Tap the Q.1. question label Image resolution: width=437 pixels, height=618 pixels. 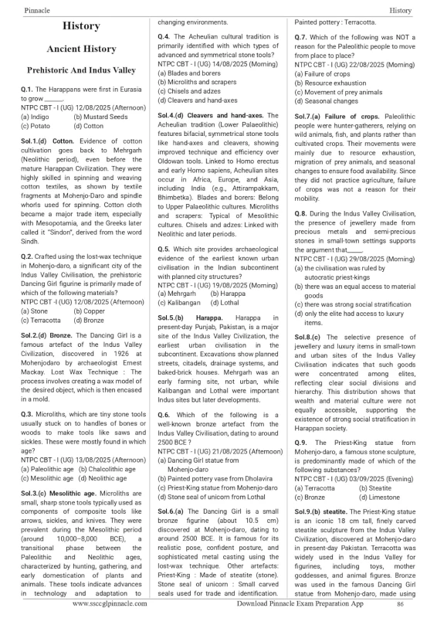pos(31,90)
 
